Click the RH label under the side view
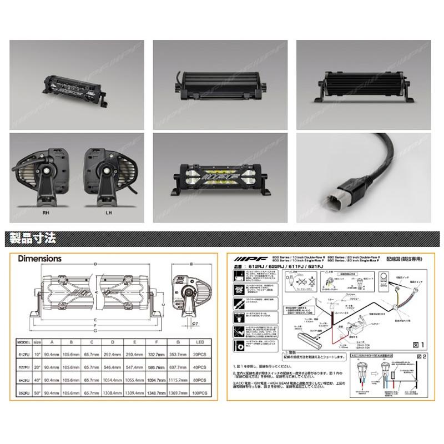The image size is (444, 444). point(39,211)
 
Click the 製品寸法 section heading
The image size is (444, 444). point(33,239)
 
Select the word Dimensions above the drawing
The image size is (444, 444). point(39,258)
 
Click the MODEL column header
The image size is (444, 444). point(24,342)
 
